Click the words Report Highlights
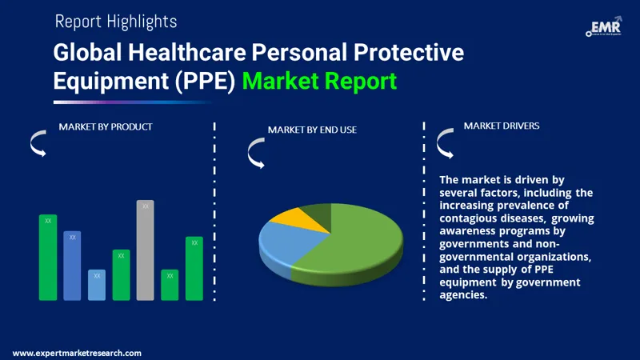point(116,22)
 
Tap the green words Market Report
point(319,81)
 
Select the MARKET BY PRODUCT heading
point(106,126)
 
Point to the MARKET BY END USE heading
point(312,130)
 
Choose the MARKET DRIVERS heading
point(502,126)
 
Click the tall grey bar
point(145,250)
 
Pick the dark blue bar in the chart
point(72,266)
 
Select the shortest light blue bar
point(97,285)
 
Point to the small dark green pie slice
point(315,212)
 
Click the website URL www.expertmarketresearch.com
point(78,353)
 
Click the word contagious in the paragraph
point(476,218)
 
